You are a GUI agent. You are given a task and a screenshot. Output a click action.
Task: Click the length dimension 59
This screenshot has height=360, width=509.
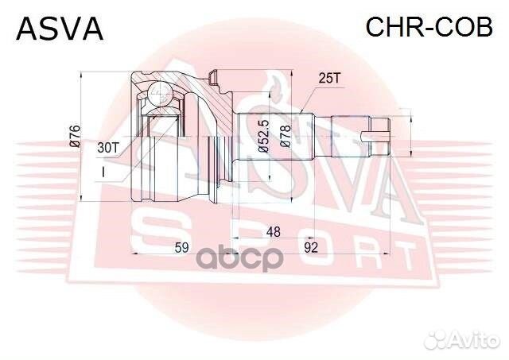coord(181,248)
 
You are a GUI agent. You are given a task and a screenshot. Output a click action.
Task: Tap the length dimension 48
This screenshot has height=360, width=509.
coord(273,232)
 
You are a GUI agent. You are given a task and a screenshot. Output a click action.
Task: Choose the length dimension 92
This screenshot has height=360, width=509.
coord(311,248)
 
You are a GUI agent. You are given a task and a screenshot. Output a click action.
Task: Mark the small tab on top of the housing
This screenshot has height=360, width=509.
coord(212,76)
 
